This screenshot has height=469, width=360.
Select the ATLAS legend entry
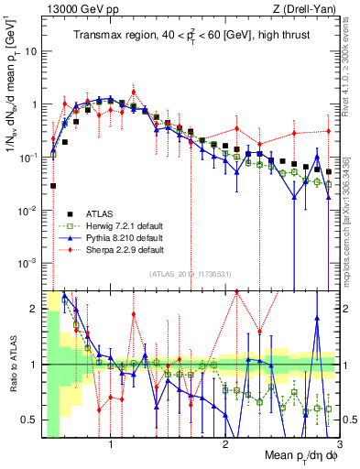(102, 213)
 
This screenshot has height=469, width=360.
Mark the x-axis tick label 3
(339, 442)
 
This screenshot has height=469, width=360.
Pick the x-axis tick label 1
(111, 442)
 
